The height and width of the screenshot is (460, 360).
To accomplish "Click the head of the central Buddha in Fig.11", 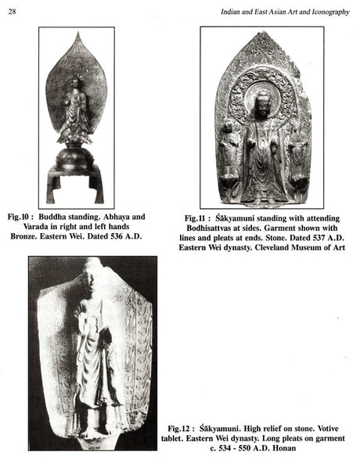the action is pos(264,102).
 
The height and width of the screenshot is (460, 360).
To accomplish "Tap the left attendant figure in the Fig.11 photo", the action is pos(229,153).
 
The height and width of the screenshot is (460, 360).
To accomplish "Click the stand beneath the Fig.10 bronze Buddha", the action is pos(75,176).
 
